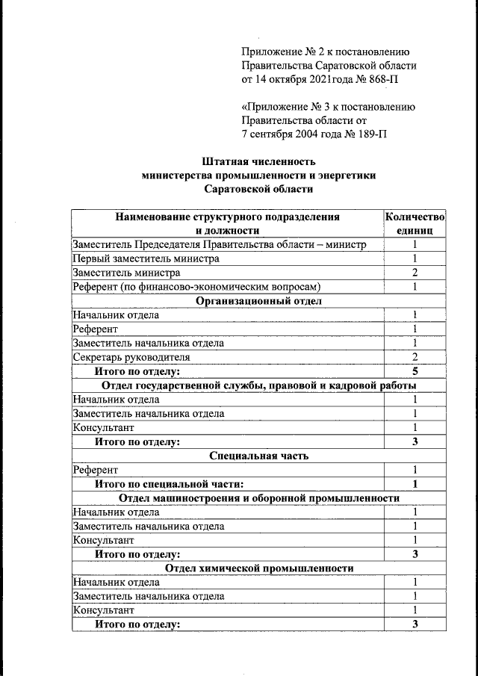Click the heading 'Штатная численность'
click(259, 161)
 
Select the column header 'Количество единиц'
click(415, 224)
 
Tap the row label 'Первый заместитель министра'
click(146, 258)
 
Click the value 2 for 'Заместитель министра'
click(415, 273)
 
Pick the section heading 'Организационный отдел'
click(258, 301)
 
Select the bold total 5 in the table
click(415, 371)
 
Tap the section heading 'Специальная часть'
click(259, 456)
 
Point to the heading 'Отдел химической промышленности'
click(259, 568)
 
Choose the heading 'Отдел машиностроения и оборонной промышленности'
click(259, 498)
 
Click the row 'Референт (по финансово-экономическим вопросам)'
click(196, 287)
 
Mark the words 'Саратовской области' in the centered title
click(259, 189)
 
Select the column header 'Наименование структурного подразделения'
click(227, 217)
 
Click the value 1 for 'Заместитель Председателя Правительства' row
click(415, 245)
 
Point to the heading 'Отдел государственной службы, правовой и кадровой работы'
click(259, 385)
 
